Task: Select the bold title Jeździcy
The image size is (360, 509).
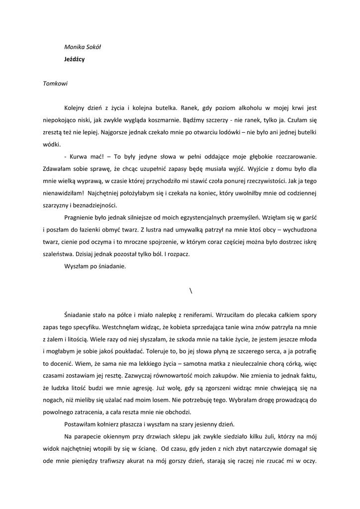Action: (74, 59)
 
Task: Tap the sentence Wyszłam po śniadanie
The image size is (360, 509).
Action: (95, 266)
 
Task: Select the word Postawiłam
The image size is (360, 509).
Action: (83, 424)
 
